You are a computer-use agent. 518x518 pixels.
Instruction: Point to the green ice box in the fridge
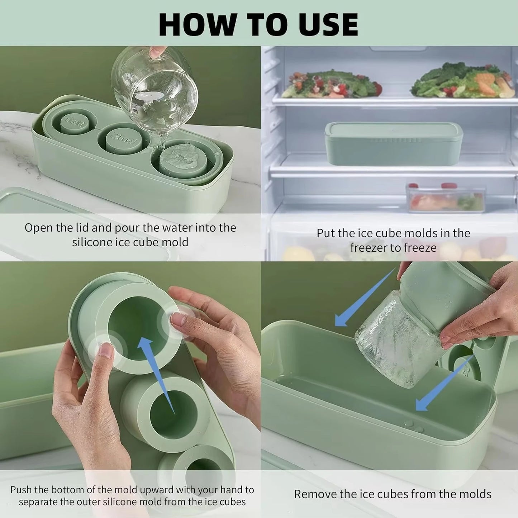(394, 144)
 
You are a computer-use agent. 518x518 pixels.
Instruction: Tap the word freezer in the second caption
(369, 248)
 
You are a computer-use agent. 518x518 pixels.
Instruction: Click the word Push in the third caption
(21, 490)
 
